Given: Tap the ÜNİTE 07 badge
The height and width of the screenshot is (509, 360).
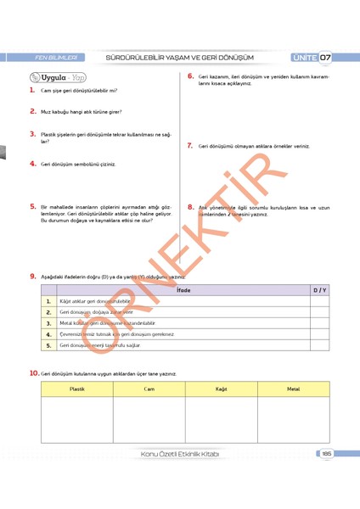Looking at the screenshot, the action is (x=312, y=58).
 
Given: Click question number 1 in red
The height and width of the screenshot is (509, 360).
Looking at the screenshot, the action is (x=31, y=89).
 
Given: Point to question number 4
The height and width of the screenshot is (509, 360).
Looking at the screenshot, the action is (x=31, y=163).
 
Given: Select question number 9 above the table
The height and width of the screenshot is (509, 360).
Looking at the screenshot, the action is (x=32, y=276).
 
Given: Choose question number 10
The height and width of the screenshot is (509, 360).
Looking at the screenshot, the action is (x=33, y=372).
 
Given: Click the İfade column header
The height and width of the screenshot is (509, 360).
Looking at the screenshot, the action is (x=183, y=290).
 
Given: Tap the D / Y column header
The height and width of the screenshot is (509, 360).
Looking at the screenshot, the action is (x=318, y=290).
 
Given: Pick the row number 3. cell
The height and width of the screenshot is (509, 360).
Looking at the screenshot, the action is (x=49, y=323).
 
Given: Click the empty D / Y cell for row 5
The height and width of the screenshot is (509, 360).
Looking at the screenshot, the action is (x=318, y=345).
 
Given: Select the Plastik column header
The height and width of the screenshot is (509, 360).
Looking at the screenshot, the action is (x=76, y=389).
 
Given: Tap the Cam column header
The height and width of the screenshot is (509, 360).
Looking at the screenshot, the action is (x=149, y=389).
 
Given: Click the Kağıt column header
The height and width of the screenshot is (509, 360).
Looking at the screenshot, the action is (x=221, y=389).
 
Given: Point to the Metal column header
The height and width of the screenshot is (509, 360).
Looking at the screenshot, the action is (x=293, y=389).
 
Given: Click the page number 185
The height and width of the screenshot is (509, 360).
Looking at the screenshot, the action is (x=326, y=454).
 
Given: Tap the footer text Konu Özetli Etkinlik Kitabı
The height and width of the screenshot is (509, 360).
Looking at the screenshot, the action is (x=179, y=454).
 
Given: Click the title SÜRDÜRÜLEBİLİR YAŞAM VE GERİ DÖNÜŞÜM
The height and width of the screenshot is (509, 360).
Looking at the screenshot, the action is (x=179, y=58).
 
